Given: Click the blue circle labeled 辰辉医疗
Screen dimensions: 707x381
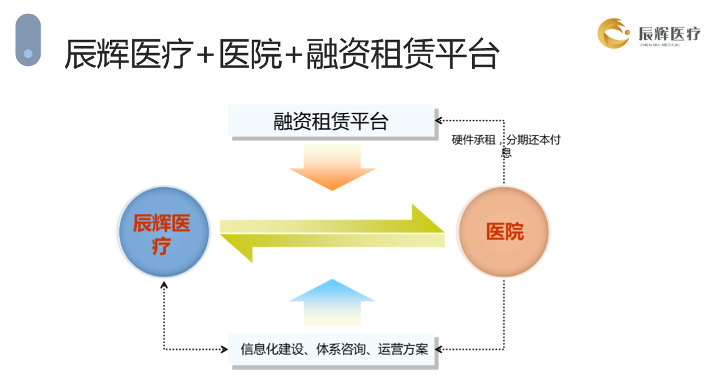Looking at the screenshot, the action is pyautogui.click(x=164, y=231).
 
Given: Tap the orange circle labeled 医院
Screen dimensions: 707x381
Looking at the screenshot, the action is pyautogui.click(x=503, y=231).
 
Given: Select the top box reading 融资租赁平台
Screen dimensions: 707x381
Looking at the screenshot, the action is pyautogui.click(x=331, y=121).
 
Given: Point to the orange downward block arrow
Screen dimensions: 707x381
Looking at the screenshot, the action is pyautogui.click(x=332, y=167).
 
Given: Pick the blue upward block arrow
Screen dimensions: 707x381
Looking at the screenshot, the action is pyautogui.click(x=332, y=302).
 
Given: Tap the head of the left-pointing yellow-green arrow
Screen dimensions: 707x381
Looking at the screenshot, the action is pyautogui.click(x=237, y=248).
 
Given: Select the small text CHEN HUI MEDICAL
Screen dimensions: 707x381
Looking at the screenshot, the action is pyautogui.click(x=660, y=45).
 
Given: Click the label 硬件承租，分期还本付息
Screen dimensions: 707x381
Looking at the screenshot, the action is pyautogui.click(x=506, y=145).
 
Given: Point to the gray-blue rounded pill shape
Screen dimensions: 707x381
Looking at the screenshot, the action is pyautogui.click(x=28, y=40).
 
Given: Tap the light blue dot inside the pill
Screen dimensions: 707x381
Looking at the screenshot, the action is pyautogui.click(x=28, y=54).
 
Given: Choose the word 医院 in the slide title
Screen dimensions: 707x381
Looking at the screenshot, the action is pyautogui.click(x=250, y=54).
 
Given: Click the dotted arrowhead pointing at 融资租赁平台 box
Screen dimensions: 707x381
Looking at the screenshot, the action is pyautogui.click(x=438, y=120).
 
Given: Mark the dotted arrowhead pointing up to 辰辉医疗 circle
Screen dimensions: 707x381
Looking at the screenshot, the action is pyautogui.click(x=164, y=284).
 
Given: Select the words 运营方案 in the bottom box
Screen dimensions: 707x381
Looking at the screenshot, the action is pyautogui.click(x=403, y=349).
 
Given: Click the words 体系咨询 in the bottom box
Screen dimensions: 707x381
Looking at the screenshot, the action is pyautogui.click(x=341, y=349).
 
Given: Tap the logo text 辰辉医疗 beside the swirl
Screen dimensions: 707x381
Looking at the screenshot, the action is pyautogui.click(x=670, y=33).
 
